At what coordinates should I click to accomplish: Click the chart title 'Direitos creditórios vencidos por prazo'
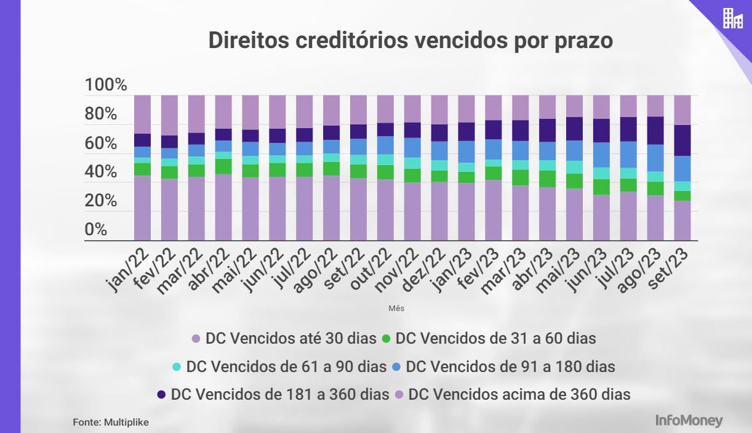pyautogui.click(x=410, y=40)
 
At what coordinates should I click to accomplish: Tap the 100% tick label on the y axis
pyautogui.click(x=105, y=85)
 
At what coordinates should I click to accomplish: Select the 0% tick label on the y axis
pyautogui.click(x=96, y=230)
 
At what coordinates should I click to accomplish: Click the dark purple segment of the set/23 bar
pyautogui.click(x=682, y=140)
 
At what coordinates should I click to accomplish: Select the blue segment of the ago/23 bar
pyautogui.click(x=655, y=158)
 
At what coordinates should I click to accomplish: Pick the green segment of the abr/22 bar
pyautogui.click(x=223, y=166)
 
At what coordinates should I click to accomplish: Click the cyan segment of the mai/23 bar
pyautogui.click(x=575, y=167)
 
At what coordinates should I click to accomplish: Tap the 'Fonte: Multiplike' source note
pyautogui.click(x=111, y=423)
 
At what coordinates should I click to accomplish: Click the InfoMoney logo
pyautogui.click(x=689, y=421)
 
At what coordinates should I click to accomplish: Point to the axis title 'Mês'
pyautogui.click(x=396, y=307)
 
